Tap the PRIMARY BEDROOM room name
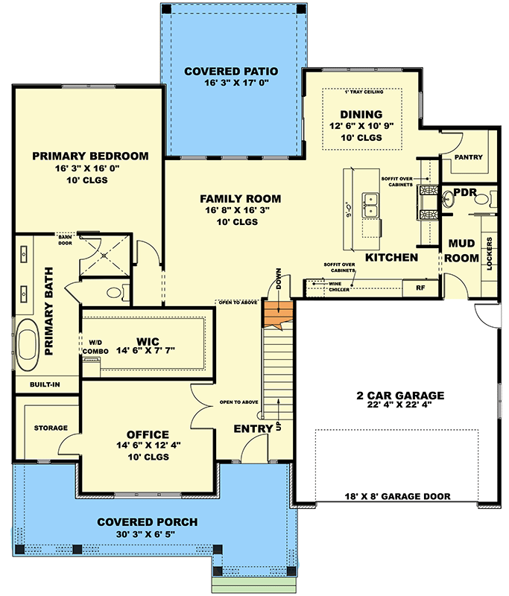90,156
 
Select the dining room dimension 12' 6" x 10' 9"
361,127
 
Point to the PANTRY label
467,157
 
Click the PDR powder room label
464,192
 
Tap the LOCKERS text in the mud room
489,255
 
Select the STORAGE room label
50,428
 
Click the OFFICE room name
148,434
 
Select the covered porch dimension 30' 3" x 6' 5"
141,534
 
